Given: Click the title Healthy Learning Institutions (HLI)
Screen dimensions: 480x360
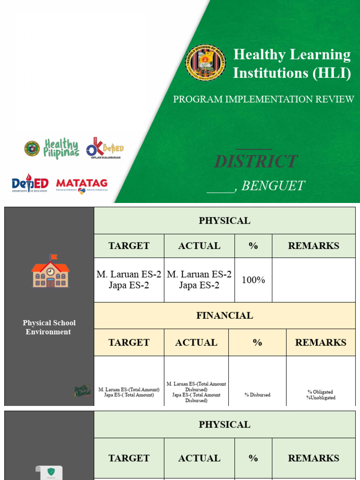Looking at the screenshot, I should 292,64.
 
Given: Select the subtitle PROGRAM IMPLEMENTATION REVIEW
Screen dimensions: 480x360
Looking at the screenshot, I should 263,99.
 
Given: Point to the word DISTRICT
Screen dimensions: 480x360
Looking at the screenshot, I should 255,162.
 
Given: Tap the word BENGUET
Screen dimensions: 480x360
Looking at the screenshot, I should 273,186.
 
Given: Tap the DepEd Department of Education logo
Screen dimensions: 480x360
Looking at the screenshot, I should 30,183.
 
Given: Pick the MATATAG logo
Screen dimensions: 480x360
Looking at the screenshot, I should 82,184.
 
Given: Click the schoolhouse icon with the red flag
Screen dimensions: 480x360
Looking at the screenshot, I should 50,271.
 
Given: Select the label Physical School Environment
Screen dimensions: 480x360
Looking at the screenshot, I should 49,327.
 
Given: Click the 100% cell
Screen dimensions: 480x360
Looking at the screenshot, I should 253,280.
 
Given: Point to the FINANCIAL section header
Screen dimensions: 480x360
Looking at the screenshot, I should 225,315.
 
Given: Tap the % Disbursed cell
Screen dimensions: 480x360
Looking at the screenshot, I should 257,395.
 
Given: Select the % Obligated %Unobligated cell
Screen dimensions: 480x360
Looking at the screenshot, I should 321,395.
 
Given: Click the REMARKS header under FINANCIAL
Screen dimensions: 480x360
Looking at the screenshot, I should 321,343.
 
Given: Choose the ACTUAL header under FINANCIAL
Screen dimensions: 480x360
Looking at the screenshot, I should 196,343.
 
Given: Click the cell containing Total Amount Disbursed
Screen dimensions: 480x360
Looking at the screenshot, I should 196,392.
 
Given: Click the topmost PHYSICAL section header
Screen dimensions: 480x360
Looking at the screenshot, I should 225,220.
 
